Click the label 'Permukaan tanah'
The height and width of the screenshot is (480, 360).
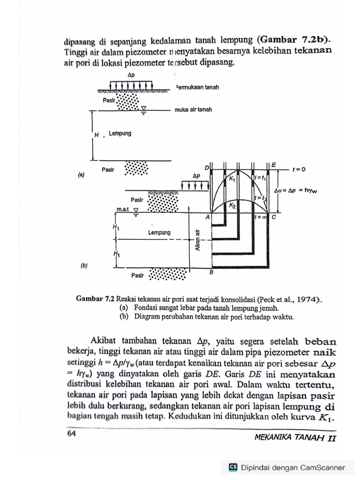197,88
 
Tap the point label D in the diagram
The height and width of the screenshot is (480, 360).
207,167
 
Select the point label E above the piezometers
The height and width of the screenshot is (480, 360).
273,165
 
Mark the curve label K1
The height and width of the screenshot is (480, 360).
232,179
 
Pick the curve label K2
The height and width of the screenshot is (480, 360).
232,205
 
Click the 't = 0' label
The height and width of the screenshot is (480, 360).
299,169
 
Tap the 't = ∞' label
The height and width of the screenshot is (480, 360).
261,217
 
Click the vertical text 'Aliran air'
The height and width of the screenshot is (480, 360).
198,240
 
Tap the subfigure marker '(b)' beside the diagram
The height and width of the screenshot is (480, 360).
84,266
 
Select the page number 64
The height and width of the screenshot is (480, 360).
71,434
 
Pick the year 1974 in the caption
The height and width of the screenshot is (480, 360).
307,299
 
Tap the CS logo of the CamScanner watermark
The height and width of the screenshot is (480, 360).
232,467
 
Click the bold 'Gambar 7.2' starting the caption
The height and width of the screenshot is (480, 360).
96,299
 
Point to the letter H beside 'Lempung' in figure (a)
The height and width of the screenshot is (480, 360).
97,135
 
